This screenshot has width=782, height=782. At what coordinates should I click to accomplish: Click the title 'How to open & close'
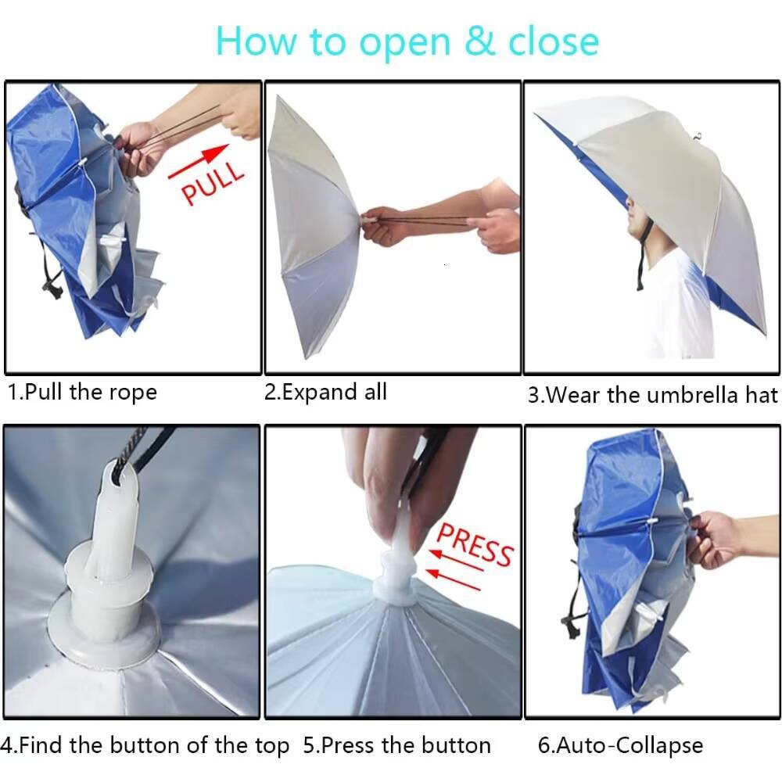click(407, 41)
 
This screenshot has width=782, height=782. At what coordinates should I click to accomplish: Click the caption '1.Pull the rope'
click(82, 392)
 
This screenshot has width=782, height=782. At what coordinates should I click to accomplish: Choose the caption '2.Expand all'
click(325, 392)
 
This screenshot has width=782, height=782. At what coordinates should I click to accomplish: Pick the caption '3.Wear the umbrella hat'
click(653, 394)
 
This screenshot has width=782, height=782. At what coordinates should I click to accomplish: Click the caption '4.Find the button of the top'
click(145, 745)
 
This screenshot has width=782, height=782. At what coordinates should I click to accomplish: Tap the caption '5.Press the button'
click(396, 745)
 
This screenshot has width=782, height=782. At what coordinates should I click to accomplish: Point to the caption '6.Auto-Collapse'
click(620, 745)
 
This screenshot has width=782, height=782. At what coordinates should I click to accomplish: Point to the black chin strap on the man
click(642, 258)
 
